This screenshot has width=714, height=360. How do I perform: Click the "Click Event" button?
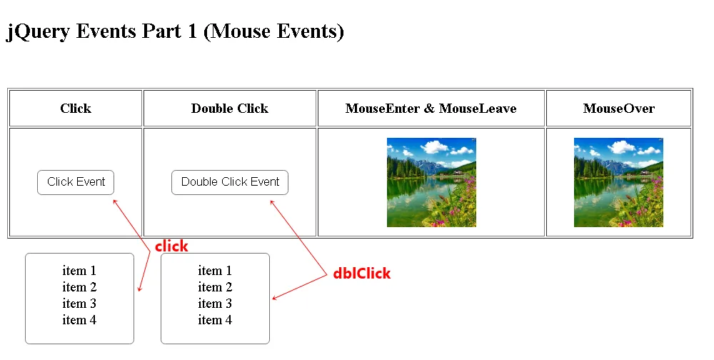tap(76, 182)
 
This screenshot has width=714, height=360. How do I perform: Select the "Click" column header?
tap(76, 109)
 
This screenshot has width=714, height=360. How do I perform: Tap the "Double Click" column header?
tap(229, 109)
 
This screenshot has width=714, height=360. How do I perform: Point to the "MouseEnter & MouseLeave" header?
tap(431, 109)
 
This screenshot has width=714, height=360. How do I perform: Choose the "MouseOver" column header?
tap(619, 109)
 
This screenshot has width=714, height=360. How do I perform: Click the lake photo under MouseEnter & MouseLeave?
tap(431, 182)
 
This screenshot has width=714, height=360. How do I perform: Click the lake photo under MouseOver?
tap(618, 182)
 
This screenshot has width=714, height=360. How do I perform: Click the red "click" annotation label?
tap(171, 246)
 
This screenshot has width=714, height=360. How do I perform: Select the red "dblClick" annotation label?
tap(361, 273)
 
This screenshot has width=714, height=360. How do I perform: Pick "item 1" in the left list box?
tap(79, 271)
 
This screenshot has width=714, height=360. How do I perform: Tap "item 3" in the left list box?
tap(79, 304)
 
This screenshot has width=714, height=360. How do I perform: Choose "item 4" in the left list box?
tap(79, 320)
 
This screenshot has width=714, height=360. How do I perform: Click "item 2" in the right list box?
tap(215, 287)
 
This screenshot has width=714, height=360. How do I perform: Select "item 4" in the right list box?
tap(215, 320)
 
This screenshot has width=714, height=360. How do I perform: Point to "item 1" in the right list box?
tap(215, 271)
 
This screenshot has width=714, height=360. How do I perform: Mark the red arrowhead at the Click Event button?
tap(114, 201)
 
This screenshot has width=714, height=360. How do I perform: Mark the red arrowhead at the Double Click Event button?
tap(272, 201)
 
